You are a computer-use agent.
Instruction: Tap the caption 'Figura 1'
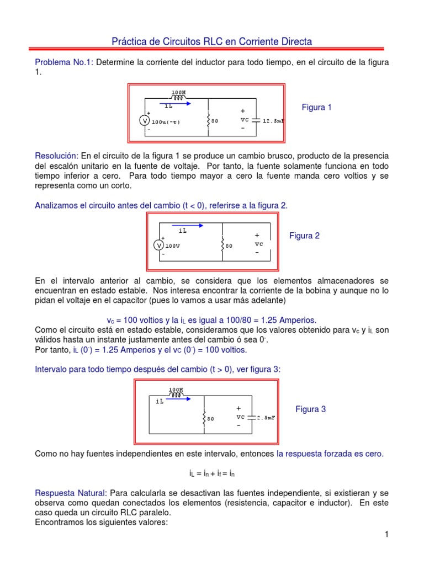[x=316, y=107]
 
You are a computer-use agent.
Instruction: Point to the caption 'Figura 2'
[x=305, y=236]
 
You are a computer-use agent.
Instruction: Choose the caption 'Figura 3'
[x=311, y=409]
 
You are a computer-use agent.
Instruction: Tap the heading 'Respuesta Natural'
[x=70, y=492]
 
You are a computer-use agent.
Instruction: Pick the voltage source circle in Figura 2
[x=158, y=246]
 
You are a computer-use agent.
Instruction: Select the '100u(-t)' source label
[x=166, y=121]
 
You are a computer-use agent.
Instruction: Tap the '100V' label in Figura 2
[x=173, y=246]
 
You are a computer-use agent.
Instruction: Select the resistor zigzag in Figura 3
[x=204, y=418]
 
